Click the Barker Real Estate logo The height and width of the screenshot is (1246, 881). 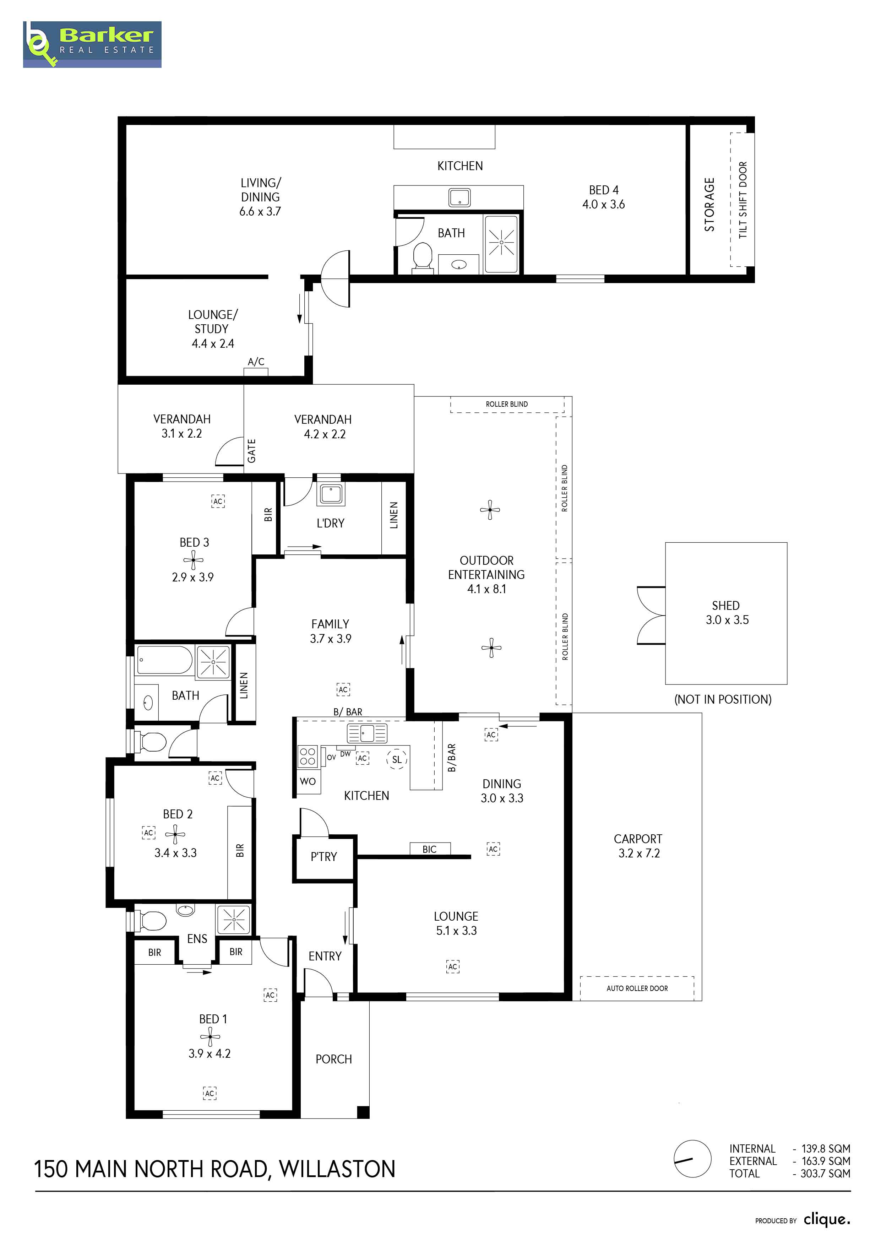[92, 44]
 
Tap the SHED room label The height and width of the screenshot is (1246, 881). [726, 606]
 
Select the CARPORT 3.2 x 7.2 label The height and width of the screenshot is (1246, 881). [638, 846]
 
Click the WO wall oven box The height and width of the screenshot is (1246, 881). [308, 781]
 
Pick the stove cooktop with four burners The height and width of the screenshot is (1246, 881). [308, 757]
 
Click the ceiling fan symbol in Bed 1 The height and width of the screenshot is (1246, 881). [210, 1037]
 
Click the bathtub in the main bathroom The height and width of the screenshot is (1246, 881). [164, 659]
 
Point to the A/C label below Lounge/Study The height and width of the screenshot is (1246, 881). [256, 362]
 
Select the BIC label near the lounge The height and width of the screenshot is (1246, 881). [429, 849]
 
